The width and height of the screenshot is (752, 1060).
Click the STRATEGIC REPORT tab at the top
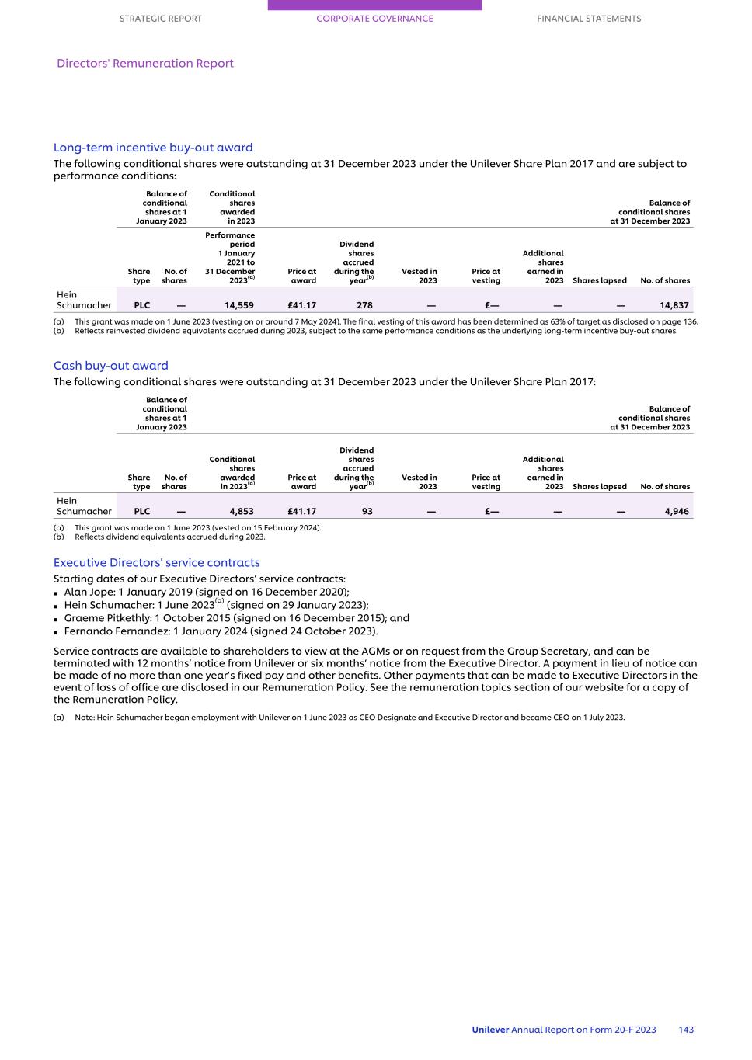point(160,19)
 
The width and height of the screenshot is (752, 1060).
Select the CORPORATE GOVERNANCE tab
point(374,19)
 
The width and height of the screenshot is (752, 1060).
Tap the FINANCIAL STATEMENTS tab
point(589,19)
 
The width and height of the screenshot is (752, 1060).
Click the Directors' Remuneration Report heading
point(145,64)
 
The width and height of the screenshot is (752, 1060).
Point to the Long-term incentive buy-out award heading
point(153,148)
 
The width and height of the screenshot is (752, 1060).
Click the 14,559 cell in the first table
point(238,305)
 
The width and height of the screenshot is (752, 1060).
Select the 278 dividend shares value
point(364,305)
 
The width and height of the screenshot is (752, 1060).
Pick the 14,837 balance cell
point(674,305)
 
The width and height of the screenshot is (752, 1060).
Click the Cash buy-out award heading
point(110,366)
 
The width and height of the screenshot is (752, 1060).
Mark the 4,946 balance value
point(677,512)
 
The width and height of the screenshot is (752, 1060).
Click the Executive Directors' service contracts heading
point(156,563)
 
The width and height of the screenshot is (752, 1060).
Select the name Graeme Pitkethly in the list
point(107,618)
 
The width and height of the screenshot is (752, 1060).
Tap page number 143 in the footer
point(686,1030)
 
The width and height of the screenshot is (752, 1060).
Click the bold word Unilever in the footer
point(490,1030)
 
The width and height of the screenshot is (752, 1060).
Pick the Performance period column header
point(230,258)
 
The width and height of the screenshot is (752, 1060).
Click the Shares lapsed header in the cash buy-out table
point(599,487)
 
